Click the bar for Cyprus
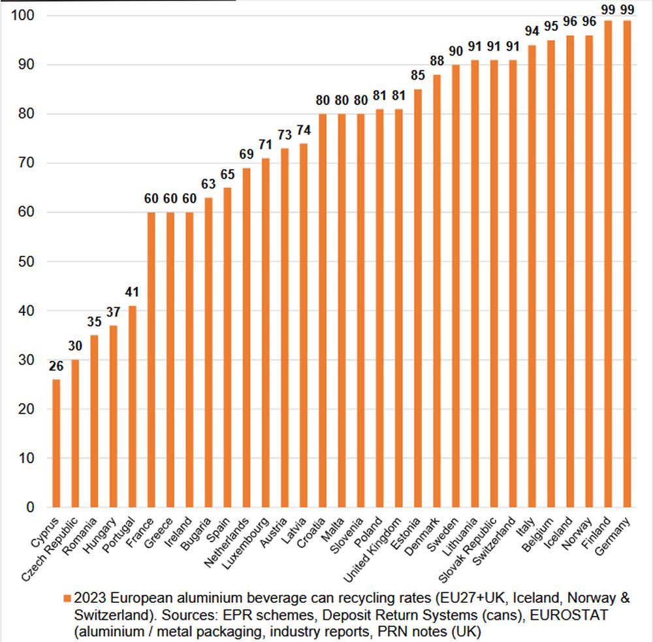pos(56,444)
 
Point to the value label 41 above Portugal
pos(133,291)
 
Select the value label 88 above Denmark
pos(437,60)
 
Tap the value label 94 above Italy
pos(532,31)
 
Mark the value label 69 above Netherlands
pos(247,154)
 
